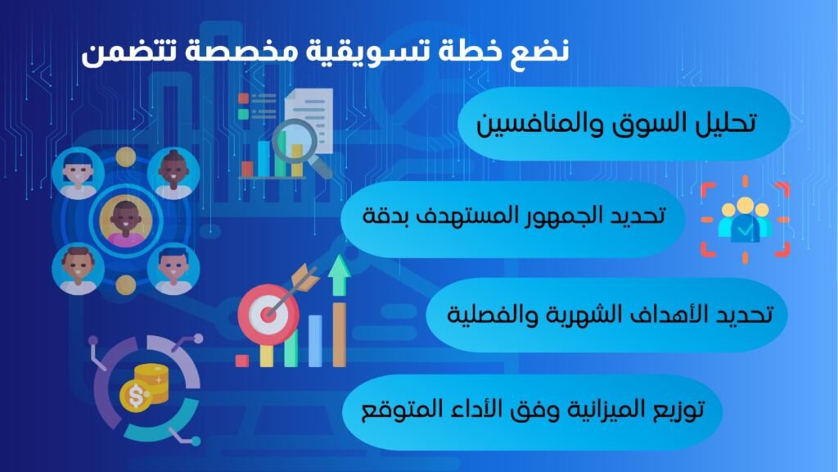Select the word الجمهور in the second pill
(x=563, y=215)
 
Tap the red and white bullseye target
(x=268, y=314)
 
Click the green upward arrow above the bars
(x=338, y=275)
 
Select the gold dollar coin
(x=136, y=396)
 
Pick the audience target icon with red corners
(x=745, y=220)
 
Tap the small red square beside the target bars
(x=241, y=361)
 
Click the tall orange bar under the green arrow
(x=339, y=334)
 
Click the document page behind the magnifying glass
(x=309, y=119)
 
